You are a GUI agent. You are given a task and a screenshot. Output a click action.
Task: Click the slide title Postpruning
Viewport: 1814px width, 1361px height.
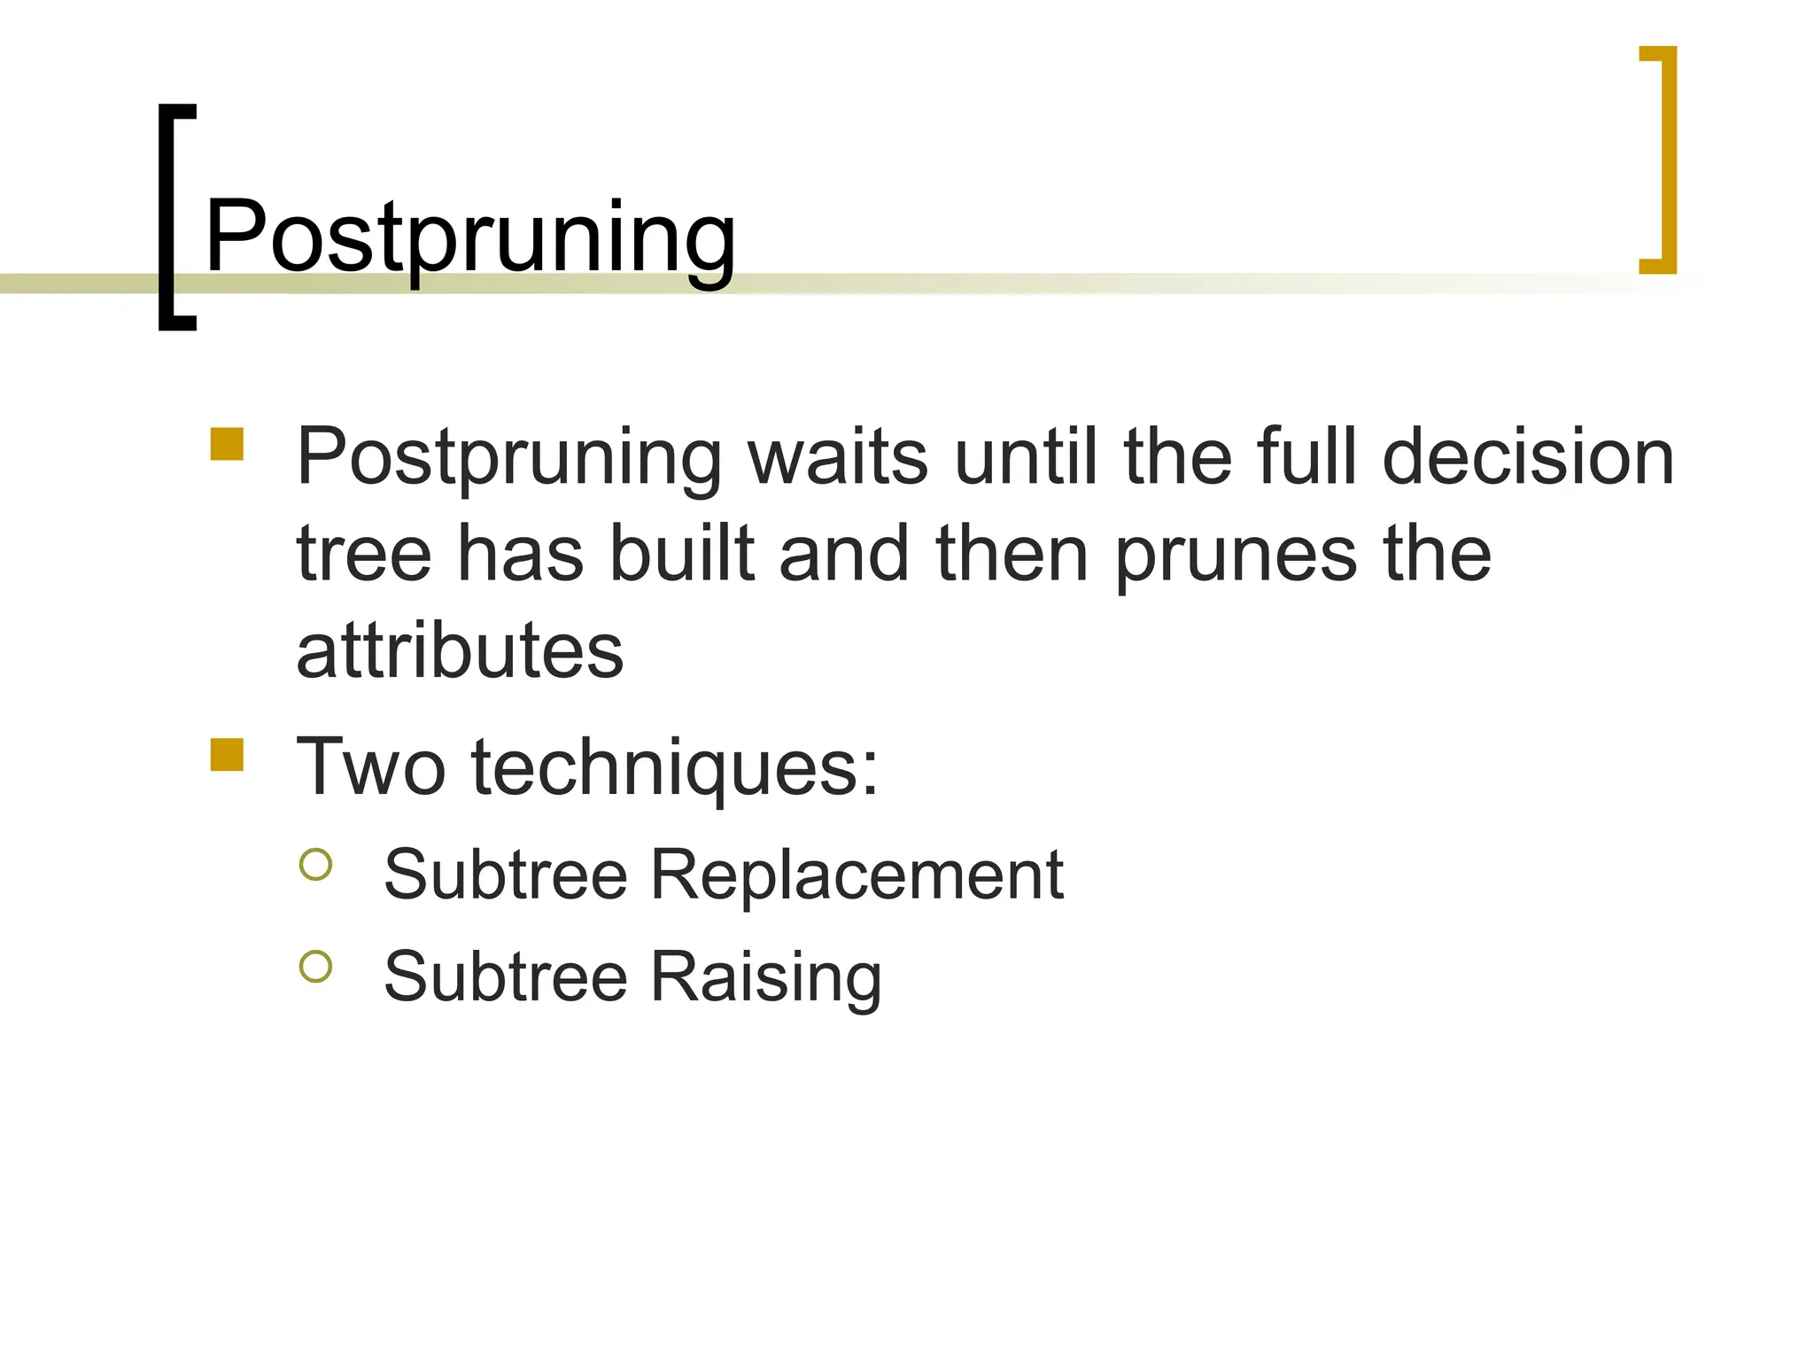point(469,237)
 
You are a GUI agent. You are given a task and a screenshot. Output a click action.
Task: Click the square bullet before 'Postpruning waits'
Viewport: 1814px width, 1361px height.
point(227,444)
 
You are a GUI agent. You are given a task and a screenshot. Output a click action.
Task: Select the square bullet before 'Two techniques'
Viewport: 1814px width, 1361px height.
point(227,755)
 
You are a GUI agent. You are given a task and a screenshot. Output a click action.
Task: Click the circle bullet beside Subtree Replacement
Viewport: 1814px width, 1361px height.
point(316,864)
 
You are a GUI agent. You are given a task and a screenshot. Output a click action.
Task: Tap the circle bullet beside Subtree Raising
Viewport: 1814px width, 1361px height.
point(316,966)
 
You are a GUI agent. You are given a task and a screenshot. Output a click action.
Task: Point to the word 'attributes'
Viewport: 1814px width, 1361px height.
point(460,650)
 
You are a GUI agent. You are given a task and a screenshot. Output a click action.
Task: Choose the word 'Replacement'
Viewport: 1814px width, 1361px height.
point(857,875)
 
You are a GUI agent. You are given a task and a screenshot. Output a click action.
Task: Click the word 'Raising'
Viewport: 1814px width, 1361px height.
point(766,977)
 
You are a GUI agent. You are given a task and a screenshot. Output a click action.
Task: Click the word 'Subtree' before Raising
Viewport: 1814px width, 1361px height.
point(505,976)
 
